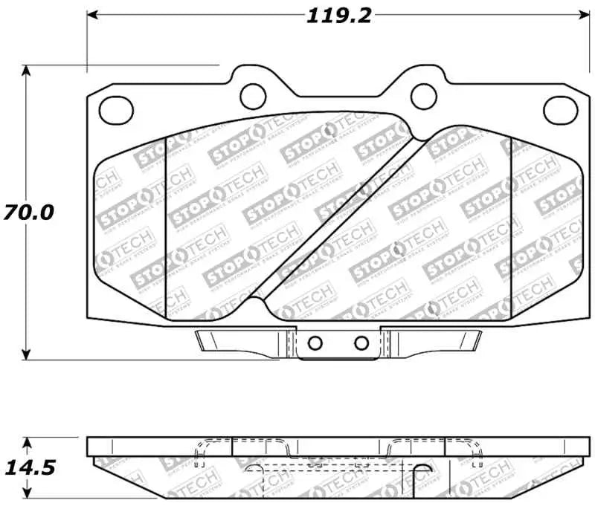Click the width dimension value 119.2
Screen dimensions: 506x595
[338, 15]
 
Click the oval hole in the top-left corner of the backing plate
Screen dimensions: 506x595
[115, 111]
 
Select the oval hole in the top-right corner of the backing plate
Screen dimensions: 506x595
[560, 111]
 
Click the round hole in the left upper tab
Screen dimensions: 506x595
[254, 94]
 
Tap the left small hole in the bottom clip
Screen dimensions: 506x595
[315, 343]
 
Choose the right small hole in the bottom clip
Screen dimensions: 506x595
[361, 343]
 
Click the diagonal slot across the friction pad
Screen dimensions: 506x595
[338, 219]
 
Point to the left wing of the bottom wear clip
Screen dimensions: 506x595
[238, 340]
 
